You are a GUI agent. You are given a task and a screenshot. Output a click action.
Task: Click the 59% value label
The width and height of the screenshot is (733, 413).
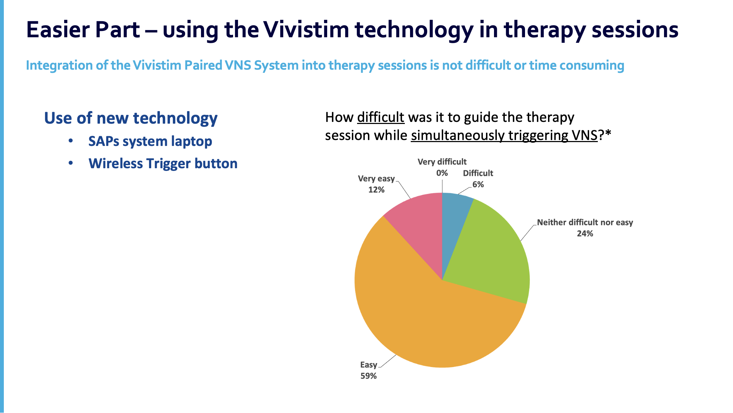(369, 376)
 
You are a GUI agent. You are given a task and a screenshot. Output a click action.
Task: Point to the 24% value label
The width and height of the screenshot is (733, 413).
(585, 234)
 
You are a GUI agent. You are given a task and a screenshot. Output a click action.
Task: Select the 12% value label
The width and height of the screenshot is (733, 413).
(376, 190)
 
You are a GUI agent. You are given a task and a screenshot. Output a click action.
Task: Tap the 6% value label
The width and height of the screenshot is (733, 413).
(478, 185)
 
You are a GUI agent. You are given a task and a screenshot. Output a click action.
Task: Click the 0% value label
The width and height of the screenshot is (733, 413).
(442, 173)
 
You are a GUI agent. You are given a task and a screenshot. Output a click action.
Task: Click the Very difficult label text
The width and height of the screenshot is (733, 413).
(442, 162)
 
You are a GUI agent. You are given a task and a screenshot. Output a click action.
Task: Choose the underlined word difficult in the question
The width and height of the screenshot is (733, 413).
(380, 117)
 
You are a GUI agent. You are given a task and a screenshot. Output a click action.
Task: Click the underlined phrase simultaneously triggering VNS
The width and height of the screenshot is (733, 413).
(504, 135)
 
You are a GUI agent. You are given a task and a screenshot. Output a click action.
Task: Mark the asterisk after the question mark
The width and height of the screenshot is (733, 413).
(608, 134)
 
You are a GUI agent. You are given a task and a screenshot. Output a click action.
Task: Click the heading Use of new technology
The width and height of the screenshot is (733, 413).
(131, 118)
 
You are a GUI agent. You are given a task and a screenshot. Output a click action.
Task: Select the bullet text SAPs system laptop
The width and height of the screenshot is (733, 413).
(150, 141)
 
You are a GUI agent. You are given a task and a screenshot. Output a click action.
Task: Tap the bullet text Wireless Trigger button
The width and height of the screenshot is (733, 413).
(163, 164)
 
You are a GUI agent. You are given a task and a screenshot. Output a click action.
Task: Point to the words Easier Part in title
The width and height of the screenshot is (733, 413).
(83, 30)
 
